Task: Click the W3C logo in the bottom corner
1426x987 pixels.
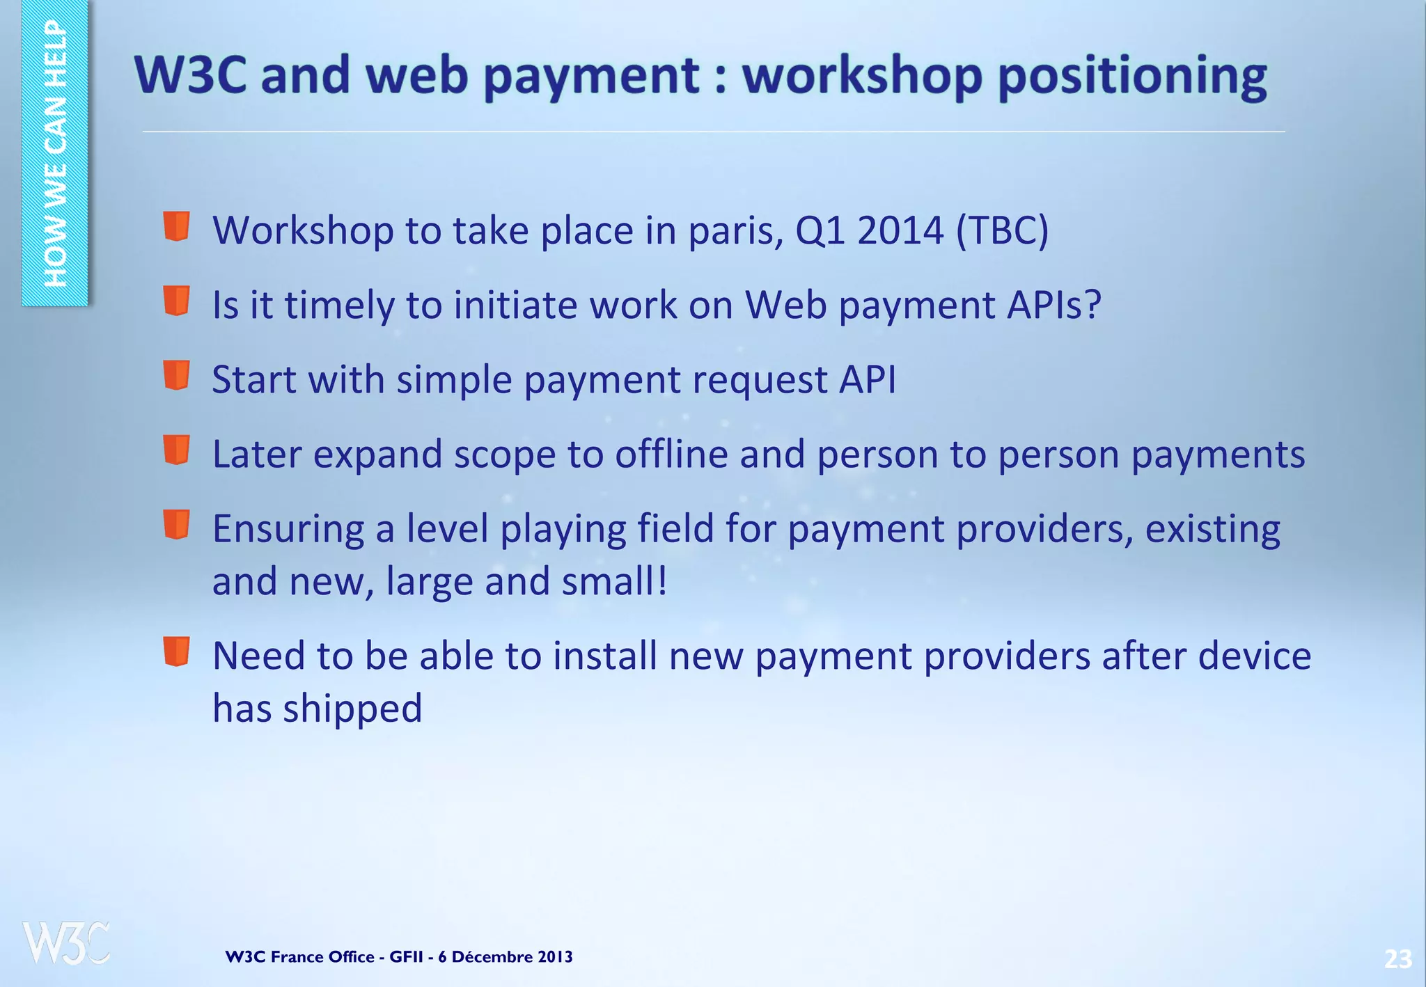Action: click(x=66, y=943)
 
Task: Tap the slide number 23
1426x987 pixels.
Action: click(x=1397, y=959)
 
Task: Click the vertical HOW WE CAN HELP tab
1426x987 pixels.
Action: click(x=55, y=153)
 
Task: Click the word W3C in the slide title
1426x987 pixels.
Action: click(x=190, y=74)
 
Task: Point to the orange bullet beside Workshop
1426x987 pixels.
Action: click(x=177, y=226)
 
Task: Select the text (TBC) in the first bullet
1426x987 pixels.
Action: click(x=1002, y=230)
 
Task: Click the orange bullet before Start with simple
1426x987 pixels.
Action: click(x=177, y=376)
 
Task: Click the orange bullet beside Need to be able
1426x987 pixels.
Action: click(x=177, y=652)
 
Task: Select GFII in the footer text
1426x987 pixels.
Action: click(x=406, y=957)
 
